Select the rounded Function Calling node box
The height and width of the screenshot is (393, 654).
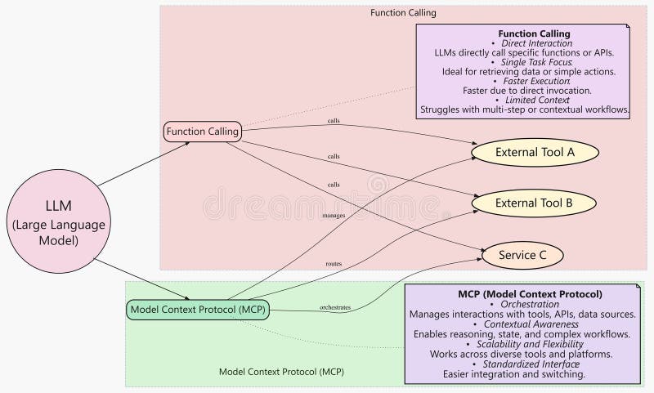(203, 131)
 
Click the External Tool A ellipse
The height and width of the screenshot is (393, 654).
(535, 152)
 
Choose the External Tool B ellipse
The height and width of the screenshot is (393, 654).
(535, 201)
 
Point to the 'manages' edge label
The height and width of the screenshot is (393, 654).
(334, 216)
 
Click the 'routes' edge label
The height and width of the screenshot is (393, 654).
(334, 264)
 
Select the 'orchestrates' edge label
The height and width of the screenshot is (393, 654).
(335, 307)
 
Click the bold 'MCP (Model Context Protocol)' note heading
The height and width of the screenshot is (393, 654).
(530, 293)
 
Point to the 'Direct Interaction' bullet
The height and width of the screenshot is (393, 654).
(538, 43)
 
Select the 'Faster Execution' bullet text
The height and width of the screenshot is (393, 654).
(538, 81)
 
